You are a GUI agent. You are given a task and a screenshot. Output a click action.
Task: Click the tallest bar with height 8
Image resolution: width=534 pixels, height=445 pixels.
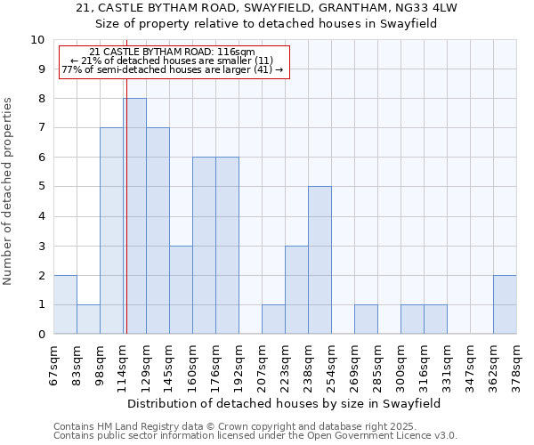coord(134,216)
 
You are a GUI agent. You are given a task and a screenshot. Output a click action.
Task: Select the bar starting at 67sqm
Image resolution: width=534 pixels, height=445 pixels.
coord(65,304)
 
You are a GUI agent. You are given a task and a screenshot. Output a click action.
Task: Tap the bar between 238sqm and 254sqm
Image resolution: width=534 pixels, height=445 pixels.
coord(320,260)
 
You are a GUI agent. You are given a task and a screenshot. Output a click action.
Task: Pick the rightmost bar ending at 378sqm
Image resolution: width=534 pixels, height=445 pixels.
coord(505,304)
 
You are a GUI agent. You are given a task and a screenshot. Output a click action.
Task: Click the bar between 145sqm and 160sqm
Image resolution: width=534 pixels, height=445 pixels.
coord(181,289)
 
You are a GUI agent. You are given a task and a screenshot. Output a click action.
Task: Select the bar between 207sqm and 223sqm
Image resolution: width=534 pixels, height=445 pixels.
coord(273,319)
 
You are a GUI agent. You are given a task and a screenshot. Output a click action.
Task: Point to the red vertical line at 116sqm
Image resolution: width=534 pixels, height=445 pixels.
coord(126,222)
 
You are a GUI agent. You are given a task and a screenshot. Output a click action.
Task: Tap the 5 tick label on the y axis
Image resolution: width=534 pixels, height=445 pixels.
coord(41,187)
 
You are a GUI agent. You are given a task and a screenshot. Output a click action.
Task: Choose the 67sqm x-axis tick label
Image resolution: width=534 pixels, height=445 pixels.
coord(53,361)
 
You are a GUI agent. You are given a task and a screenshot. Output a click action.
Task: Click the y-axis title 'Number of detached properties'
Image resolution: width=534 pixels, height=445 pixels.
coord(9,191)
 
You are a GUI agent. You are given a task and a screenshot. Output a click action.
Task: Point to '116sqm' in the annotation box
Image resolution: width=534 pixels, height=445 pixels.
coord(239,53)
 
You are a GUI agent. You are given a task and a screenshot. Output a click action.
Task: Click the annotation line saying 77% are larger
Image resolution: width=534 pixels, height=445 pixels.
coord(173,69)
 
